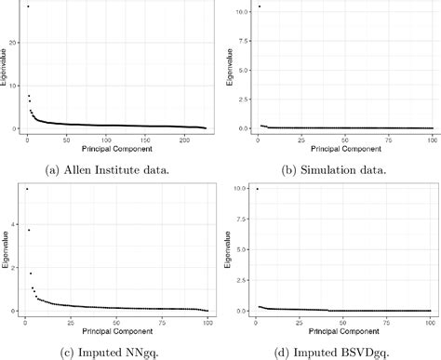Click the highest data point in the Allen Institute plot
point(28,7)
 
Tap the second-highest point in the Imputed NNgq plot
point(28,230)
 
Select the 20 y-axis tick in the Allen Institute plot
point(14,43)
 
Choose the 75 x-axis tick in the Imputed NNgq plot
point(161,319)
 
